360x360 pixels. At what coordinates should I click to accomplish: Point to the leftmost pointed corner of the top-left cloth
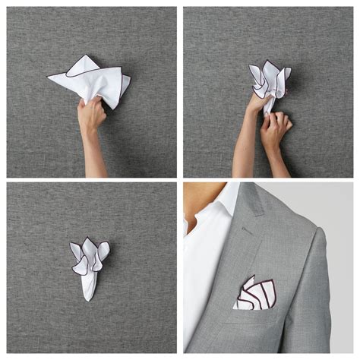click(x=49, y=75)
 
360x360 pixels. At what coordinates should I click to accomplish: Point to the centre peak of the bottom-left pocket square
click(x=90, y=245)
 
